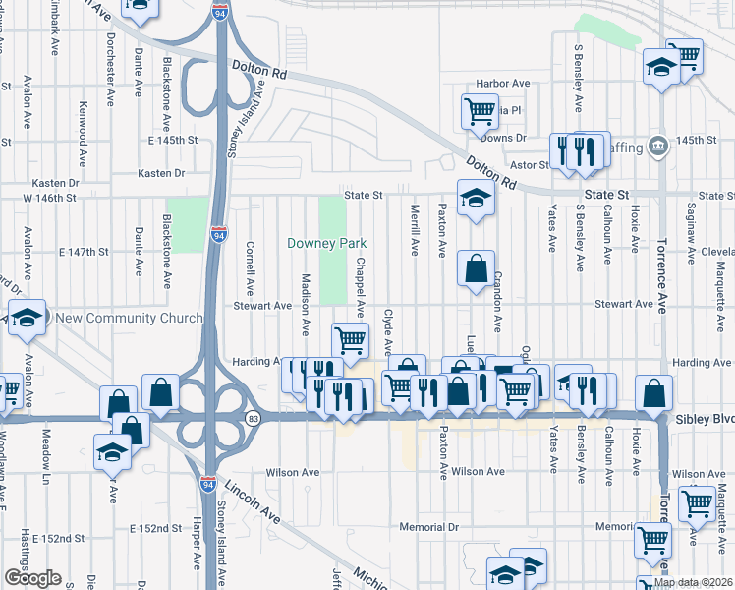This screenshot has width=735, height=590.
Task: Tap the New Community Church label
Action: [129, 318]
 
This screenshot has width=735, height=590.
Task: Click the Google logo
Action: [31, 578]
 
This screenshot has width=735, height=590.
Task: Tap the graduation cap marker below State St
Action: [476, 198]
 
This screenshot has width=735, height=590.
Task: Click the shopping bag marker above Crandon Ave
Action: [476, 268]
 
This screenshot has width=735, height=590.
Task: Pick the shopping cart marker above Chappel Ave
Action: [351, 340]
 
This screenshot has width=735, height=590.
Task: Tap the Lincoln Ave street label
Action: [254, 501]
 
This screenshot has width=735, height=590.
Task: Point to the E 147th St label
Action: [83, 252]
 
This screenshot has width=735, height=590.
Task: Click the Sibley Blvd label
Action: [705, 419]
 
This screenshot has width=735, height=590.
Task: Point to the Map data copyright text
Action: [694, 582]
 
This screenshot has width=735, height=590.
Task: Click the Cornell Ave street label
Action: [251, 271]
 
